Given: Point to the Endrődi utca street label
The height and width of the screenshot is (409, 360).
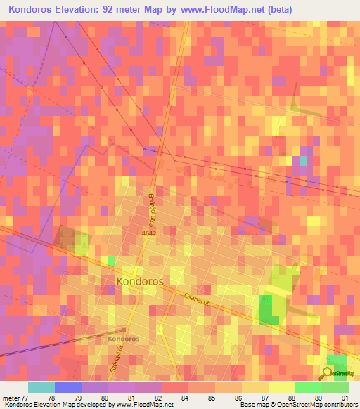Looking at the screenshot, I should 150,205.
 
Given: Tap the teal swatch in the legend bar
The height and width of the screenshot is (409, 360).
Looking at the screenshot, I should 41,387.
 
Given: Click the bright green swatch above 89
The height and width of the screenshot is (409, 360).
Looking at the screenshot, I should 309,387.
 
